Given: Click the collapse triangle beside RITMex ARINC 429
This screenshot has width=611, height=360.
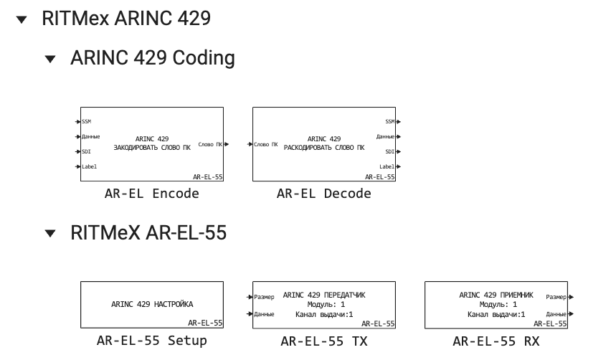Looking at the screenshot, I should click(22, 19).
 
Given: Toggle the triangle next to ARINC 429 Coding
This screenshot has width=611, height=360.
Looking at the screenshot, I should click(49, 59).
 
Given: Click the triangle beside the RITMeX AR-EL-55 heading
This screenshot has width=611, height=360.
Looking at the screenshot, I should click(49, 234).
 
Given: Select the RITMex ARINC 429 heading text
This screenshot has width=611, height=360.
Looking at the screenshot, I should click(126, 19).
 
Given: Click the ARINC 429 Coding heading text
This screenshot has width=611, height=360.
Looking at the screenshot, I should click(152, 58).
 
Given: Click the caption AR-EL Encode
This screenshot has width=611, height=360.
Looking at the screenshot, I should click(152, 194).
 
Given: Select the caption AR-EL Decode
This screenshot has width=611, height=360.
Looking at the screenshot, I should click(324, 194).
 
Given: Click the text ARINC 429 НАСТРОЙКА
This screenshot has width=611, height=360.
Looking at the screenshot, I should click(152, 304).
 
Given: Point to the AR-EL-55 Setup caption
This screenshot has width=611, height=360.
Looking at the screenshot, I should click(152, 341).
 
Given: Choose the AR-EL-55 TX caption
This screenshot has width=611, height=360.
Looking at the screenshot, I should click(324, 341).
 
